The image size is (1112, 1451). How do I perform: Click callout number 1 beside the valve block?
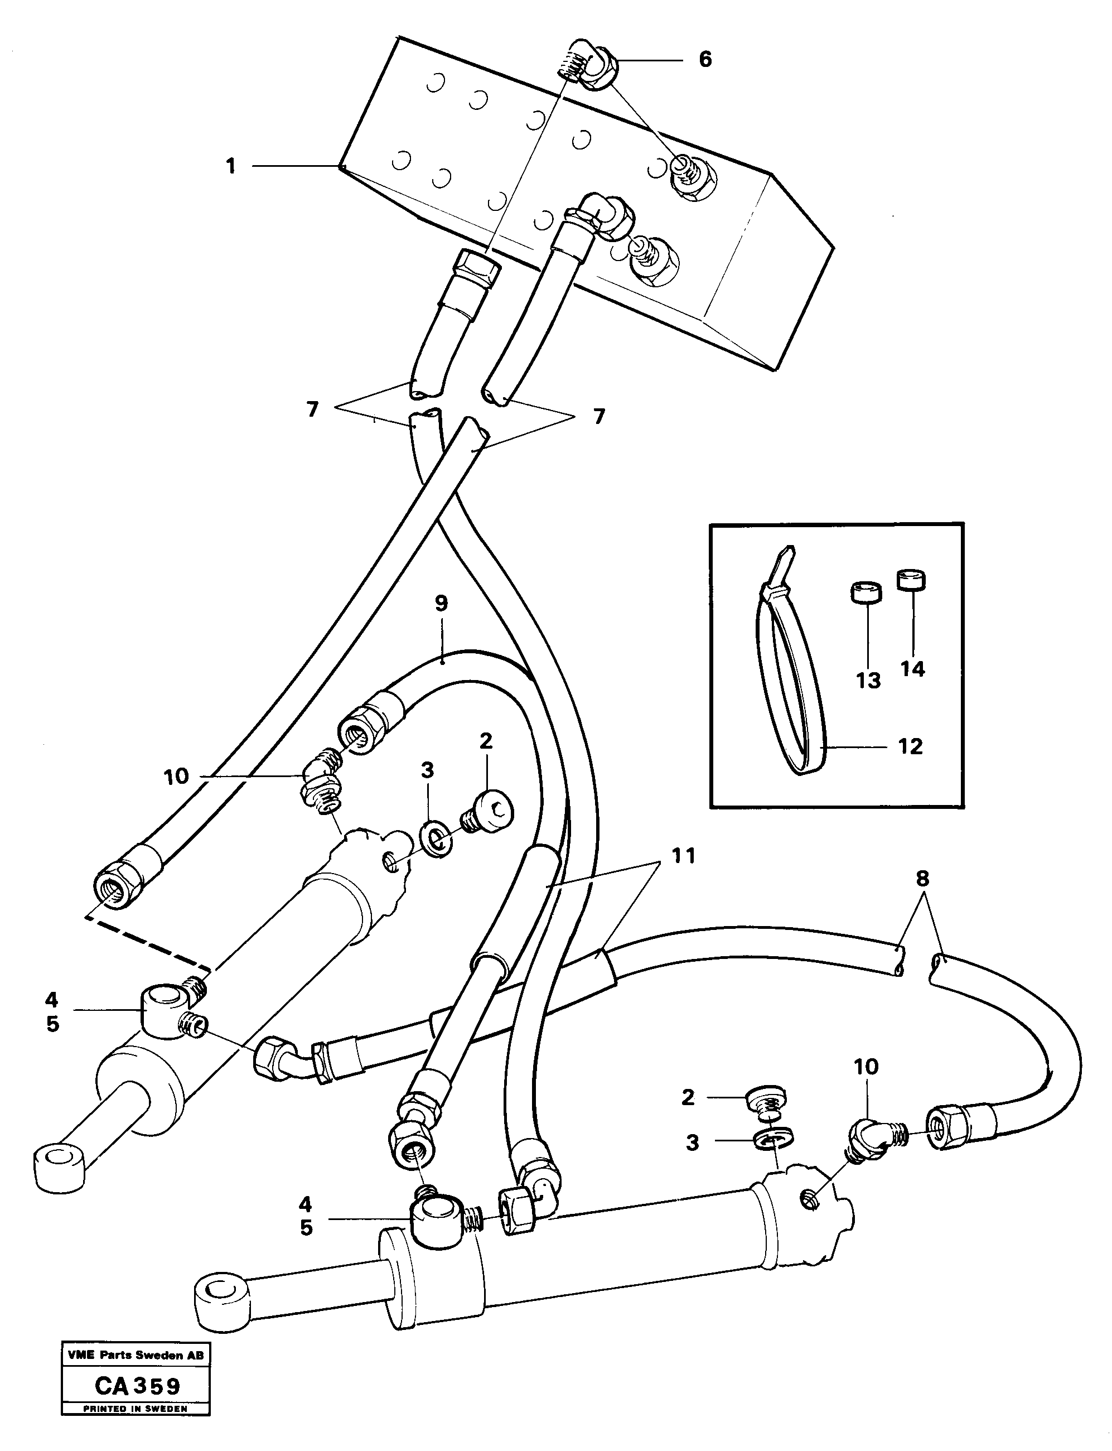(231, 166)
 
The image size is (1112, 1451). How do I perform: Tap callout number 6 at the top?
(705, 60)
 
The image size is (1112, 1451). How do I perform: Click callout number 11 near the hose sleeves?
(683, 856)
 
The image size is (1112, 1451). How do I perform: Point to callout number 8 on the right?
(922, 879)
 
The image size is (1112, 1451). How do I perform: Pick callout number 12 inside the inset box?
(910, 746)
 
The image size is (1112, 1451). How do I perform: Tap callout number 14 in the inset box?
(912, 669)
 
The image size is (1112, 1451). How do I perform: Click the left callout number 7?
(312, 409)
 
